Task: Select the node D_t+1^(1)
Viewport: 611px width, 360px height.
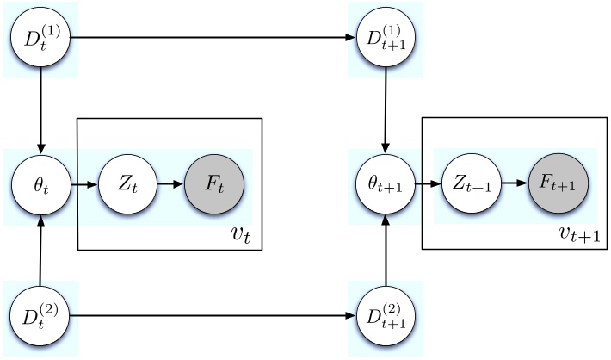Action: point(385,39)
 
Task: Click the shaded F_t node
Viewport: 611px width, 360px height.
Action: point(214,185)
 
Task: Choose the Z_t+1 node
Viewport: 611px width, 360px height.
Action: point(471,185)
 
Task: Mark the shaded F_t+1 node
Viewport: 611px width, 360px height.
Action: point(558,185)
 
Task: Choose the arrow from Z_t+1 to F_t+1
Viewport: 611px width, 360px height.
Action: point(514,185)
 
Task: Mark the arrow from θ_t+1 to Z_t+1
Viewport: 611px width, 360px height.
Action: point(428,185)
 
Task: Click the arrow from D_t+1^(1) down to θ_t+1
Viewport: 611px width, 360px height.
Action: point(385,112)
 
